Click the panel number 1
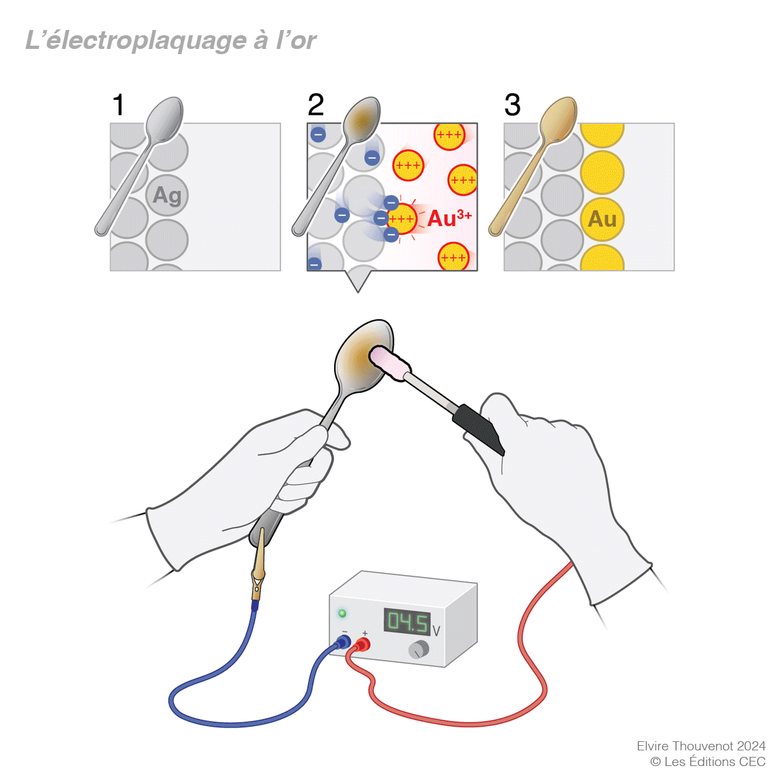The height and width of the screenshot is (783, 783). click(x=118, y=105)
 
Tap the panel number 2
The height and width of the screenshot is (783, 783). click(x=316, y=105)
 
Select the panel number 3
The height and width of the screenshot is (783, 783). click(x=512, y=105)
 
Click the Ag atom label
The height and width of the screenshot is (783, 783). click(x=167, y=195)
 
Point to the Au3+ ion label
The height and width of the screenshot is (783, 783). click(x=449, y=218)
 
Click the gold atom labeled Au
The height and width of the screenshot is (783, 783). click(x=602, y=219)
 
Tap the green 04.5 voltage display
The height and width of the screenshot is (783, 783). click(x=407, y=622)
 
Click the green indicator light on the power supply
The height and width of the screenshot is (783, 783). click(x=342, y=613)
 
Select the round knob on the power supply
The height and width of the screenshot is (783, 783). click(x=418, y=650)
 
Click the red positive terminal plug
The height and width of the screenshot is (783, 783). click(x=363, y=645)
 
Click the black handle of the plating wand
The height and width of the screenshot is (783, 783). click(x=480, y=428)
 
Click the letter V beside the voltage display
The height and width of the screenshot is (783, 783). click(x=436, y=631)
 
